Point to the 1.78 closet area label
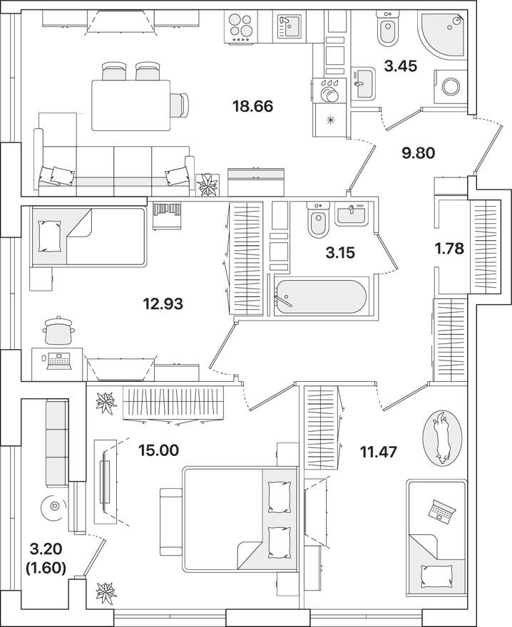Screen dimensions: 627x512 coord(450,251)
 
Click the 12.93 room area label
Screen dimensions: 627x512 coord(163,304)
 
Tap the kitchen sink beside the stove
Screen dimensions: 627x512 coord(290,29)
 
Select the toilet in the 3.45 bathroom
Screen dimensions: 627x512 coord(387,30)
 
